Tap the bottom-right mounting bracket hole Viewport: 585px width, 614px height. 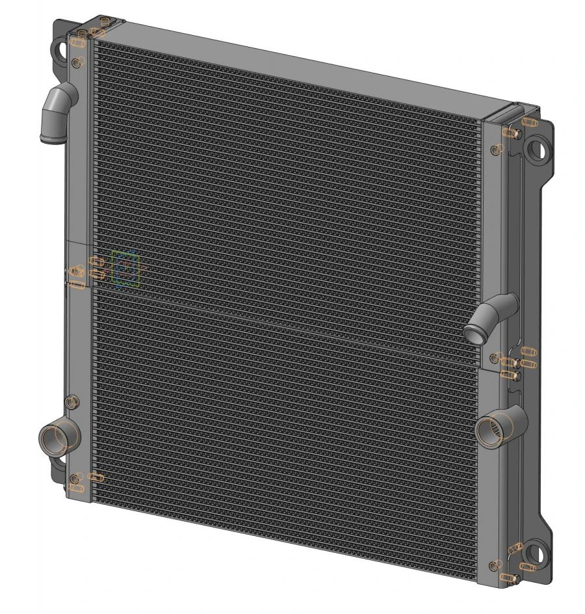pyautogui.click(x=534, y=554)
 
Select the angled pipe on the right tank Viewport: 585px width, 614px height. pyautogui.click(x=493, y=314)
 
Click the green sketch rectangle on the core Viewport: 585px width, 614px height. pyautogui.click(x=125, y=269)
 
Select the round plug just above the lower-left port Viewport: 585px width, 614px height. pyautogui.click(x=73, y=399)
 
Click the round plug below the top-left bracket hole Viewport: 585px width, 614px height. pyautogui.click(x=77, y=62)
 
